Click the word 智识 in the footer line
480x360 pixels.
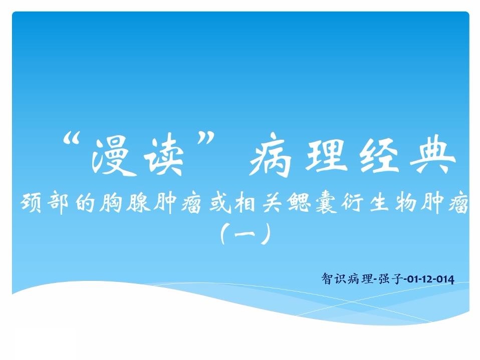(334, 279)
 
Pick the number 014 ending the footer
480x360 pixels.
(445, 279)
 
